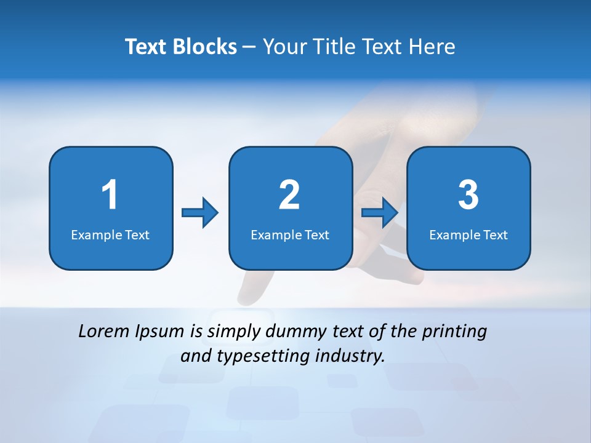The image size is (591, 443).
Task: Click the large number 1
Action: point(110,196)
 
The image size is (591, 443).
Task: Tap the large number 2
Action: point(289,196)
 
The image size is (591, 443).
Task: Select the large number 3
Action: point(468,196)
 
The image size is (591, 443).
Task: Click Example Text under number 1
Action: point(110,235)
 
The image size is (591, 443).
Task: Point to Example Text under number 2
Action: point(290,235)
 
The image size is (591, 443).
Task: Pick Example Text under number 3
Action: point(468,235)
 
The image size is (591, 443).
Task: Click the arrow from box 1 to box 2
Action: point(200,213)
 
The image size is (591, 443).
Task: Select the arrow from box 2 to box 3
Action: point(379,213)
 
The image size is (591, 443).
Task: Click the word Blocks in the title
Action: point(206,47)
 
